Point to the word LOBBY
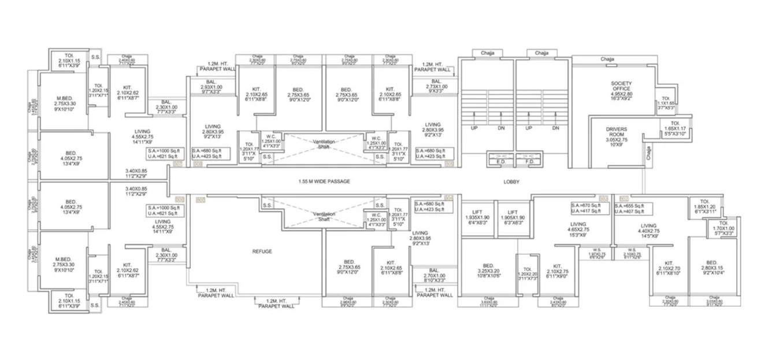pyautogui.click(x=511, y=182)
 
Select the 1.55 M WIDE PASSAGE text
pyautogui.click(x=324, y=181)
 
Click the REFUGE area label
pyautogui.click(x=262, y=251)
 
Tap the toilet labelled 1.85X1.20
pyautogui.click(x=703, y=209)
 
